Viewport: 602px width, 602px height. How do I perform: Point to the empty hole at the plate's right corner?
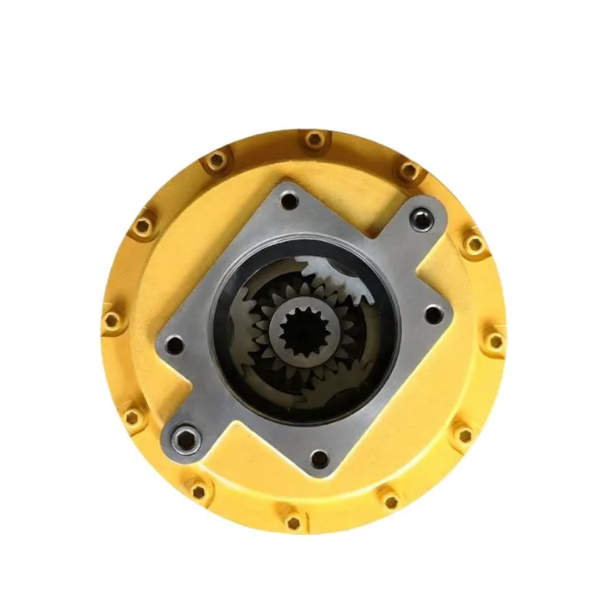[432, 315]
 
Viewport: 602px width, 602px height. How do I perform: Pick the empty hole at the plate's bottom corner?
[319, 457]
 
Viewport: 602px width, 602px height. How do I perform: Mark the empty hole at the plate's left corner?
[174, 344]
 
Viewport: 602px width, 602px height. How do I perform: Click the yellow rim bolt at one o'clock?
[407, 171]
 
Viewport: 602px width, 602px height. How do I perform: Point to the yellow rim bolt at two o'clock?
[475, 244]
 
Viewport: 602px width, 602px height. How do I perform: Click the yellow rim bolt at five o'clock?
[389, 500]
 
